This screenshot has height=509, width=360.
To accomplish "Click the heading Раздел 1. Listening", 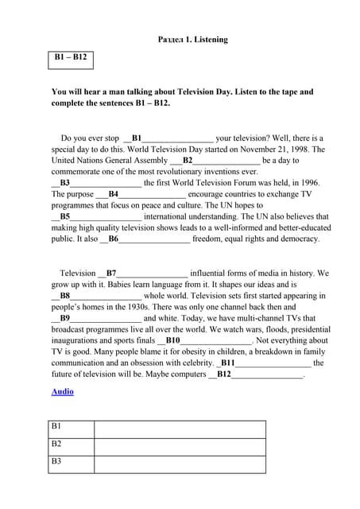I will pyautogui.click(x=192, y=39).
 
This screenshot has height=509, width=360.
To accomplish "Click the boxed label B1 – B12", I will pyautogui.click(x=71, y=57).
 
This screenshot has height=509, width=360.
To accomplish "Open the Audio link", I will pyautogui.click(x=62, y=391).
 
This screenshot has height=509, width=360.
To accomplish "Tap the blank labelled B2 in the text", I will pyautogui.click(x=226, y=160).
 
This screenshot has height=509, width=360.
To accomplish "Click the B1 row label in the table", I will pyautogui.click(x=56, y=427).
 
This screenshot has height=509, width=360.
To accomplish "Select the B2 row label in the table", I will pyautogui.click(x=56, y=445).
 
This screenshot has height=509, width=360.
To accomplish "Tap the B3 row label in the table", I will pyautogui.click(x=56, y=462).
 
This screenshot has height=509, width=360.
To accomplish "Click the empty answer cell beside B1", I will pyautogui.click(x=180, y=429).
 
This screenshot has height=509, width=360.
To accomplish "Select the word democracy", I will pyautogui.click(x=300, y=238).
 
